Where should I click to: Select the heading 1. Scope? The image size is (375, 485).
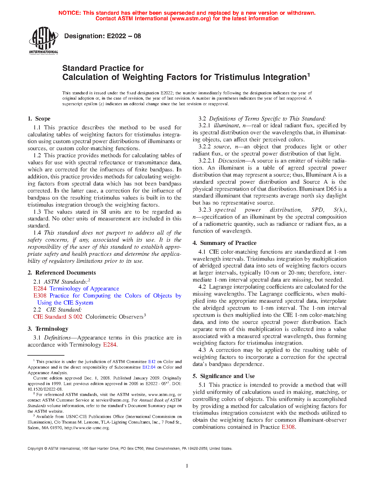point(39,119)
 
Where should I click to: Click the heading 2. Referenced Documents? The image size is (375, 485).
point(62,273)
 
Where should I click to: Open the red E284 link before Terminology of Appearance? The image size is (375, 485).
point(40,289)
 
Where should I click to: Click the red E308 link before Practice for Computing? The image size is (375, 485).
point(40,296)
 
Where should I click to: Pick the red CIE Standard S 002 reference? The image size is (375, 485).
point(58,317)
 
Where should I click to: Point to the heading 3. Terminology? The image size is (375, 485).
point(48,329)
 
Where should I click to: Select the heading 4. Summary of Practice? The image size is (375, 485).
point(224,243)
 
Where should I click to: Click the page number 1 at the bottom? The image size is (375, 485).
point(187,466)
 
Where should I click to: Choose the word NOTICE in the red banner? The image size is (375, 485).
point(69,13)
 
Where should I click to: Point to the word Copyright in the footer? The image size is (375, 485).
point(35,449)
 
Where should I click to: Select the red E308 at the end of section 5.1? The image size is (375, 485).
point(288,427)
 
